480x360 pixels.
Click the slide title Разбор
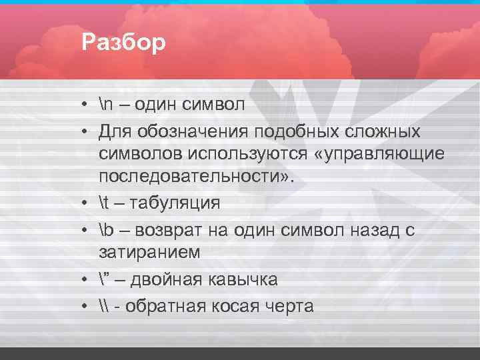tap(123, 43)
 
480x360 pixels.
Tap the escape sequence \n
tap(107, 105)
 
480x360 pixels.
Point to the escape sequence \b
tap(107, 231)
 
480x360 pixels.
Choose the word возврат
tap(171, 231)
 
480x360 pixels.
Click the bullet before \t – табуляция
tap(87, 203)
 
